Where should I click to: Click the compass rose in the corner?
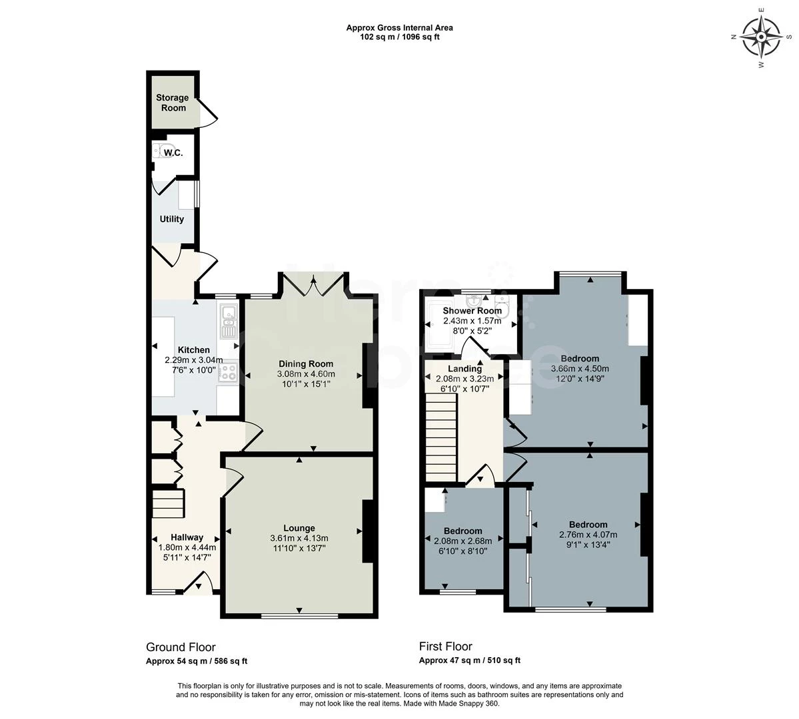coord(761,37)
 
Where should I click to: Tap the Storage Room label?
coord(173,103)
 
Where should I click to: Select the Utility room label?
coord(172,219)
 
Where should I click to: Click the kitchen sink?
coord(229,322)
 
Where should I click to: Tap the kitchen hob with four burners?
coord(227,373)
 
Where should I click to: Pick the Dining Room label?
coord(306,363)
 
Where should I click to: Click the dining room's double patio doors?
coord(313,284)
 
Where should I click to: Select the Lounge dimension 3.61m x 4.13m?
coord(299,538)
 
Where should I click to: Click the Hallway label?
coord(187,537)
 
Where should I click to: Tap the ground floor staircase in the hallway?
coord(167,503)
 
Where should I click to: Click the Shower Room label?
coord(472,311)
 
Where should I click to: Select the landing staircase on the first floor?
coord(441,439)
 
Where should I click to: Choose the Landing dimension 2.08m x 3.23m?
coord(464,379)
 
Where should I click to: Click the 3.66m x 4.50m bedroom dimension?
coord(580,369)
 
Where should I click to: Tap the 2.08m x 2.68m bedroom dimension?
coord(462,541)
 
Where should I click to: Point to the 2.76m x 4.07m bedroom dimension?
coord(588,535)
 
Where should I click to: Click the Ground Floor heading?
coord(181,647)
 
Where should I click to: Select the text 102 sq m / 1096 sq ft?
coord(400,37)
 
